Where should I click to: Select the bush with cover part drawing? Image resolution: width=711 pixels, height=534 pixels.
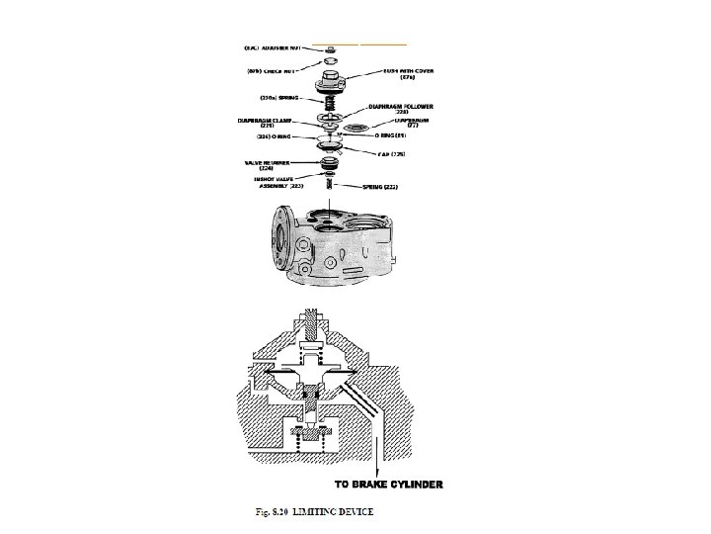click(328, 84)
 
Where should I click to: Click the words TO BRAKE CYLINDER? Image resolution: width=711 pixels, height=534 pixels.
click(388, 485)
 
